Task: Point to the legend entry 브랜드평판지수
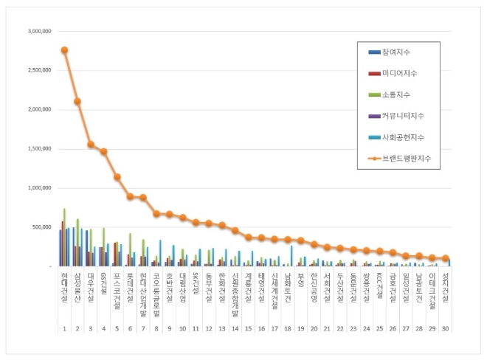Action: pos(406,159)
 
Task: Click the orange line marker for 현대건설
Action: pos(64,50)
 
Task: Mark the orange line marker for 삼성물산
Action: pos(77,102)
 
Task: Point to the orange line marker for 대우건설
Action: pos(91,145)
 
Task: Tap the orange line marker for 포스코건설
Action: pos(117,177)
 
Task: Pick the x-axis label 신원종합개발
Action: pos(235,293)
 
